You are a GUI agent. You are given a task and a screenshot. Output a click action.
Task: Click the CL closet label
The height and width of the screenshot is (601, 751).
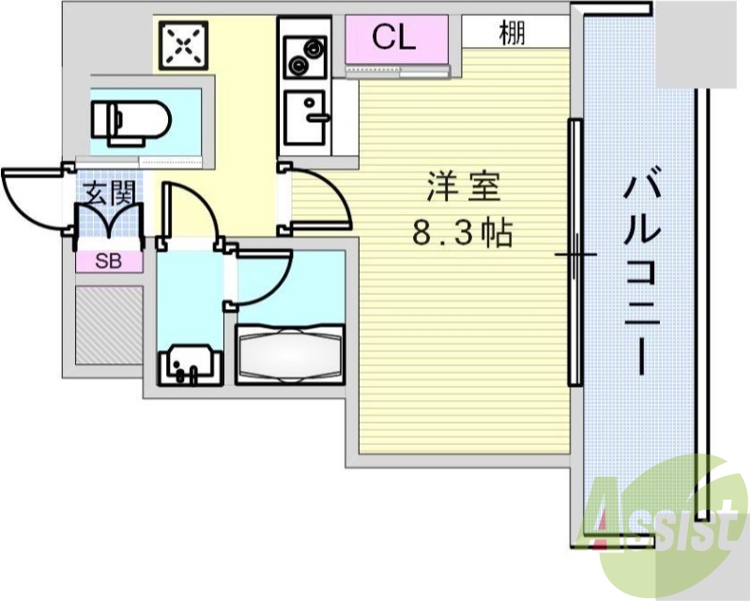pos(393,38)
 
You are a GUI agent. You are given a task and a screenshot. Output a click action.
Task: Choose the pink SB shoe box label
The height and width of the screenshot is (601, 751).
pos(109,261)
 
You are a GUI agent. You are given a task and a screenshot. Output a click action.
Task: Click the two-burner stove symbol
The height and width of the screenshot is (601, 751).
pos(305,55)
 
